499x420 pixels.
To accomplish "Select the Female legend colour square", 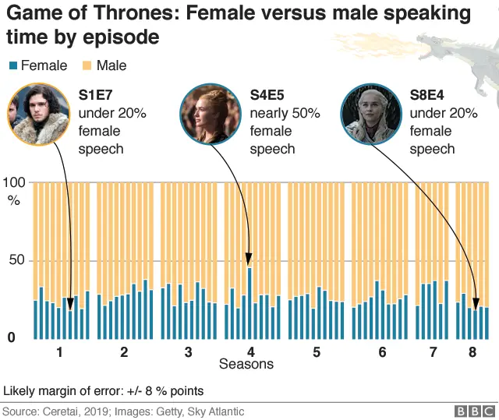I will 12,66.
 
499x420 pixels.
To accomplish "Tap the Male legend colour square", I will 87,66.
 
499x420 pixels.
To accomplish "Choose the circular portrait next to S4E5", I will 210,114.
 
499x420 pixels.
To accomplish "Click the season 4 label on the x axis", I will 251,352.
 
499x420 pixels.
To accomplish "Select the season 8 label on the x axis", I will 472,352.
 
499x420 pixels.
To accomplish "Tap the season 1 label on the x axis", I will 60,352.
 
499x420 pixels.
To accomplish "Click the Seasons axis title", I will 246,365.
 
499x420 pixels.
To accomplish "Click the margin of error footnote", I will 104,390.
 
